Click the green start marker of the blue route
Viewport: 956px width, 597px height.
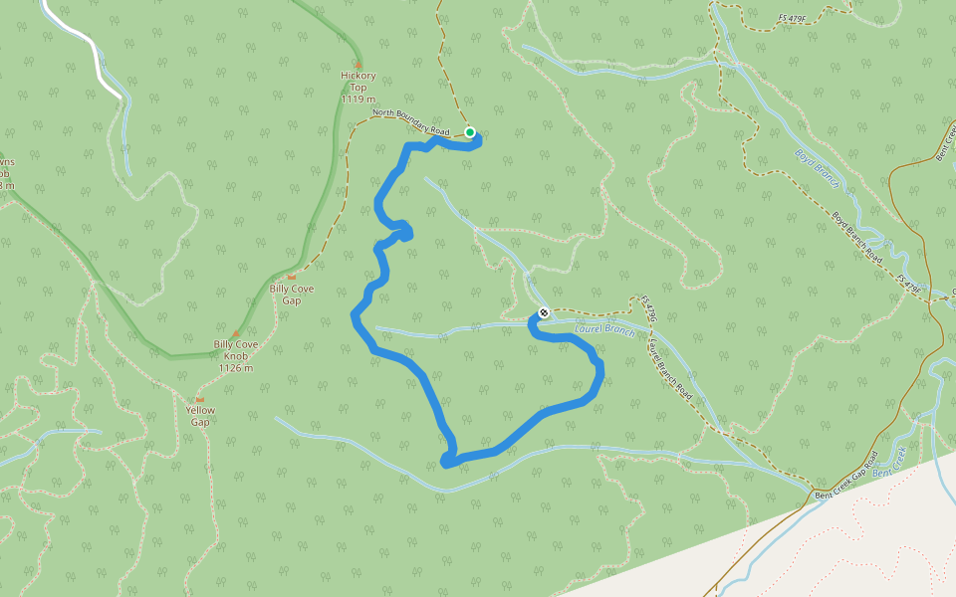pyautogui.click(x=470, y=132)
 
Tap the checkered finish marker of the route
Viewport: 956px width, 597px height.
pyautogui.click(x=544, y=313)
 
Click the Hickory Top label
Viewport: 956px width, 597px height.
pyautogui.click(x=358, y=82)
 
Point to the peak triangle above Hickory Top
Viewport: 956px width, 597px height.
pyautogui.click(x=358, y=64)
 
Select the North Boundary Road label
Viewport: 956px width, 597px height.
pyautogui.click(x=411, y=122)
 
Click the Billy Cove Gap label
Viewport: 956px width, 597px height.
pyautogui.click(x=292, y=294)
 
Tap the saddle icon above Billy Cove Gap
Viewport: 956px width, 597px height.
pyautogui.click(x=292, y=277)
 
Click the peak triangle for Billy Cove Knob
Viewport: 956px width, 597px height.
pyautogui.click(x=236, y=333)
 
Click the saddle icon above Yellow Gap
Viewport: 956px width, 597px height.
pyautogui.click(x=200, y=399)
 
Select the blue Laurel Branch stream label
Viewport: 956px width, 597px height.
pyautogui.click(x=604, y=329)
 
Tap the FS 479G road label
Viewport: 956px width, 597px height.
pyautogui.click(x=649, y=308)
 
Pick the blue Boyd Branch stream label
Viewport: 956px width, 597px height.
pyautogui.click(x=819, y=169)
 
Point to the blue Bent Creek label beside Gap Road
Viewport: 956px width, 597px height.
pyautogui.click(x=889, y=465)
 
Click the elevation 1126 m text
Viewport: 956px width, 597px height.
pyautogui.click(x=236, y=367)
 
